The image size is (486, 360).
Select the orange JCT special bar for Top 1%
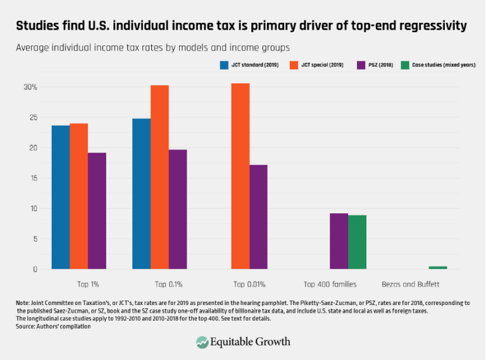point(78,196)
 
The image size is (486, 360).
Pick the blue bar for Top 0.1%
point(141,194)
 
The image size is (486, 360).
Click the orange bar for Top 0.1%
point(159,177)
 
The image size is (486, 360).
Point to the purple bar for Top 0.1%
point(178,209)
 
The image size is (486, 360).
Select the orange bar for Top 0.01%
point(240,177)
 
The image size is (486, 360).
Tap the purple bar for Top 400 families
point(339,241)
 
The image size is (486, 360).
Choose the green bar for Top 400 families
point(357,242)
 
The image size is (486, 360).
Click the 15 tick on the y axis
point(34,178)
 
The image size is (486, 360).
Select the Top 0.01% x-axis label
point(249,283)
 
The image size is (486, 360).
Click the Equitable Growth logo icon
point(202,342)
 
